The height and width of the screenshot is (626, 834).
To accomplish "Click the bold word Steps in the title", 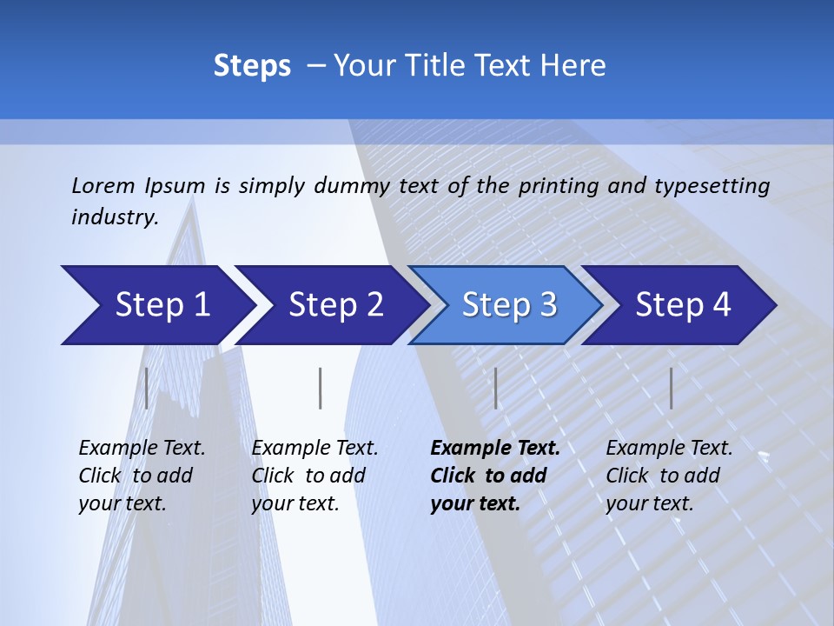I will (x=252, y=66).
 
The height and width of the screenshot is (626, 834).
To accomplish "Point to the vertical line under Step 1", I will (x=147, y=388).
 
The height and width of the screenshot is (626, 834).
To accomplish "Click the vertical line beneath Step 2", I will (x=321, y=388).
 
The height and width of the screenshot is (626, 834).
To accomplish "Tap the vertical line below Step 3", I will (x=495, y=388).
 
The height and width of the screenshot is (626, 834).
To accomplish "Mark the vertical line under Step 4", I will (x=671, y=388).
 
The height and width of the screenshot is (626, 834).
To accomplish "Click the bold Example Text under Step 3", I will (x=495, y=449).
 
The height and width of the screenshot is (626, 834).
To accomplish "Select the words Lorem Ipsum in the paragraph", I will (x=138, y=186).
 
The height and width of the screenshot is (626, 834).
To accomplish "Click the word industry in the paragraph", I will (x=114, y=217).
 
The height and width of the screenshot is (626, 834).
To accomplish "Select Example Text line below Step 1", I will (x=142, y=449).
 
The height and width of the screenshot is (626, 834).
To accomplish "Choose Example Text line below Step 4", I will (x=669, y=449).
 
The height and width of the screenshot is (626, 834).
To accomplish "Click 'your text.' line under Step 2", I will (x=295, y=503).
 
